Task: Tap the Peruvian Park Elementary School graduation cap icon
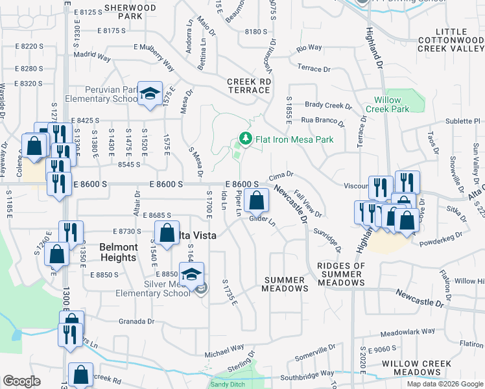(150, 94)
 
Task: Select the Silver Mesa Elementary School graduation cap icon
(191, 273)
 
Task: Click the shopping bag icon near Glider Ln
(257, 200)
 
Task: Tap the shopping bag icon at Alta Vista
(167, 232)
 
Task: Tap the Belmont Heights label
(118, 252)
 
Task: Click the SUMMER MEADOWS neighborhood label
(285, 284)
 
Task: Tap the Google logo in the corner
(21, 381)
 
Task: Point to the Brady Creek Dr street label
(328, 106)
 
